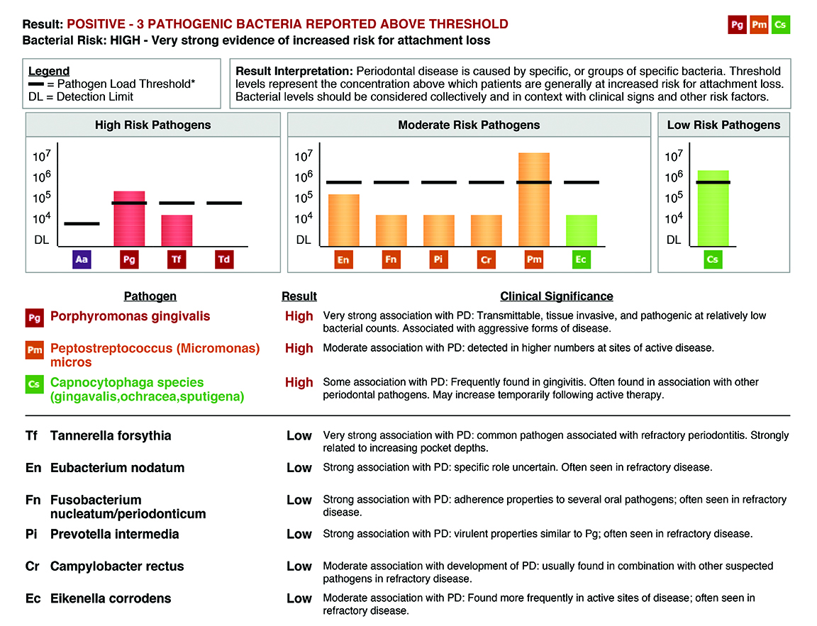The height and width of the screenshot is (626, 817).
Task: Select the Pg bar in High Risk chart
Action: click(x=129, y=219)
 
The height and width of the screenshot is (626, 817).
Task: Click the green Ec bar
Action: click(x=581, y=231)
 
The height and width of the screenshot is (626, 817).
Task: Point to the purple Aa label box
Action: click(x=82, y=260)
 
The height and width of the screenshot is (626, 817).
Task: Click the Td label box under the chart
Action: click(x=224, y=260)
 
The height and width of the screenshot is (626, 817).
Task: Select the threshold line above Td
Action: click(x=224, y=203)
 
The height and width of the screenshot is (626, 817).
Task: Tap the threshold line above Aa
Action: click(x=82, y=224)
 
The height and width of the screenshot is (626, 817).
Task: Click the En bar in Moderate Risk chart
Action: click(x=343, y=220)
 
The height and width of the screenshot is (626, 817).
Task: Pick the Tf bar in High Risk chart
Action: click(x=177, y=231)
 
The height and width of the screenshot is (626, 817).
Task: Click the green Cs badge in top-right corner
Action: click(x=780, y=25)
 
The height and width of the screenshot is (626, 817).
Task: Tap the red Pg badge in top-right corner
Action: click(x=738, y=25)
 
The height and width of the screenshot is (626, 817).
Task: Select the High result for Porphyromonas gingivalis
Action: click(x=299, y=316)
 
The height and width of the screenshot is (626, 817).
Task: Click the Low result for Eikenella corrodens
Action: click(x=299, y=599)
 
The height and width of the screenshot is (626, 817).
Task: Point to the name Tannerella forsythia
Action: click(x=111, y=436)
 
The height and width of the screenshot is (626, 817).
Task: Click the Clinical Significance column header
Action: click(x=556, y=296)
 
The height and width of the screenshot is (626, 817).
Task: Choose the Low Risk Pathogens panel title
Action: click(x=723, y=125)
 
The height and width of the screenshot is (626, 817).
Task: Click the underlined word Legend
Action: click(x=49, y=71)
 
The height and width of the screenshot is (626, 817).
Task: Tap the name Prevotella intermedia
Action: click(x=114, y=535)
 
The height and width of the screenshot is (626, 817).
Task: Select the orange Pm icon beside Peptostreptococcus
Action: click(x=34, y=350)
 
